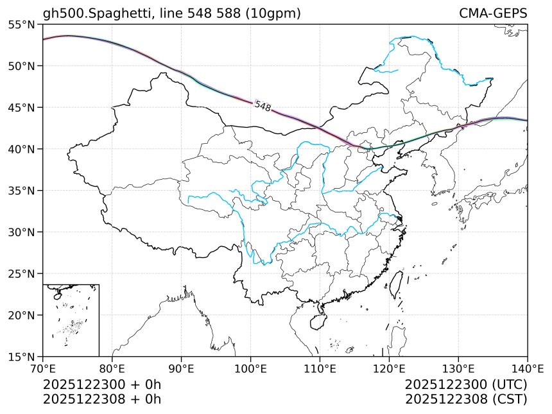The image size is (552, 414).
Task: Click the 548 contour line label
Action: coord(263,106)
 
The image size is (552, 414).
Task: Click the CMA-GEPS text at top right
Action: coord(493,13)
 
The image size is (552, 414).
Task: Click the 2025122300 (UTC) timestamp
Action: coord(466,384)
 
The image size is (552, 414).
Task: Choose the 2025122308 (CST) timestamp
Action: coord(466,399)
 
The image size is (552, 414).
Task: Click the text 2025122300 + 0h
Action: coord(101,384)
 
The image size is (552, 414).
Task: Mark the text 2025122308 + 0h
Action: coord(101,399)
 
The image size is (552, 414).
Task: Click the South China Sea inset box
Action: coord(71,320)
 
